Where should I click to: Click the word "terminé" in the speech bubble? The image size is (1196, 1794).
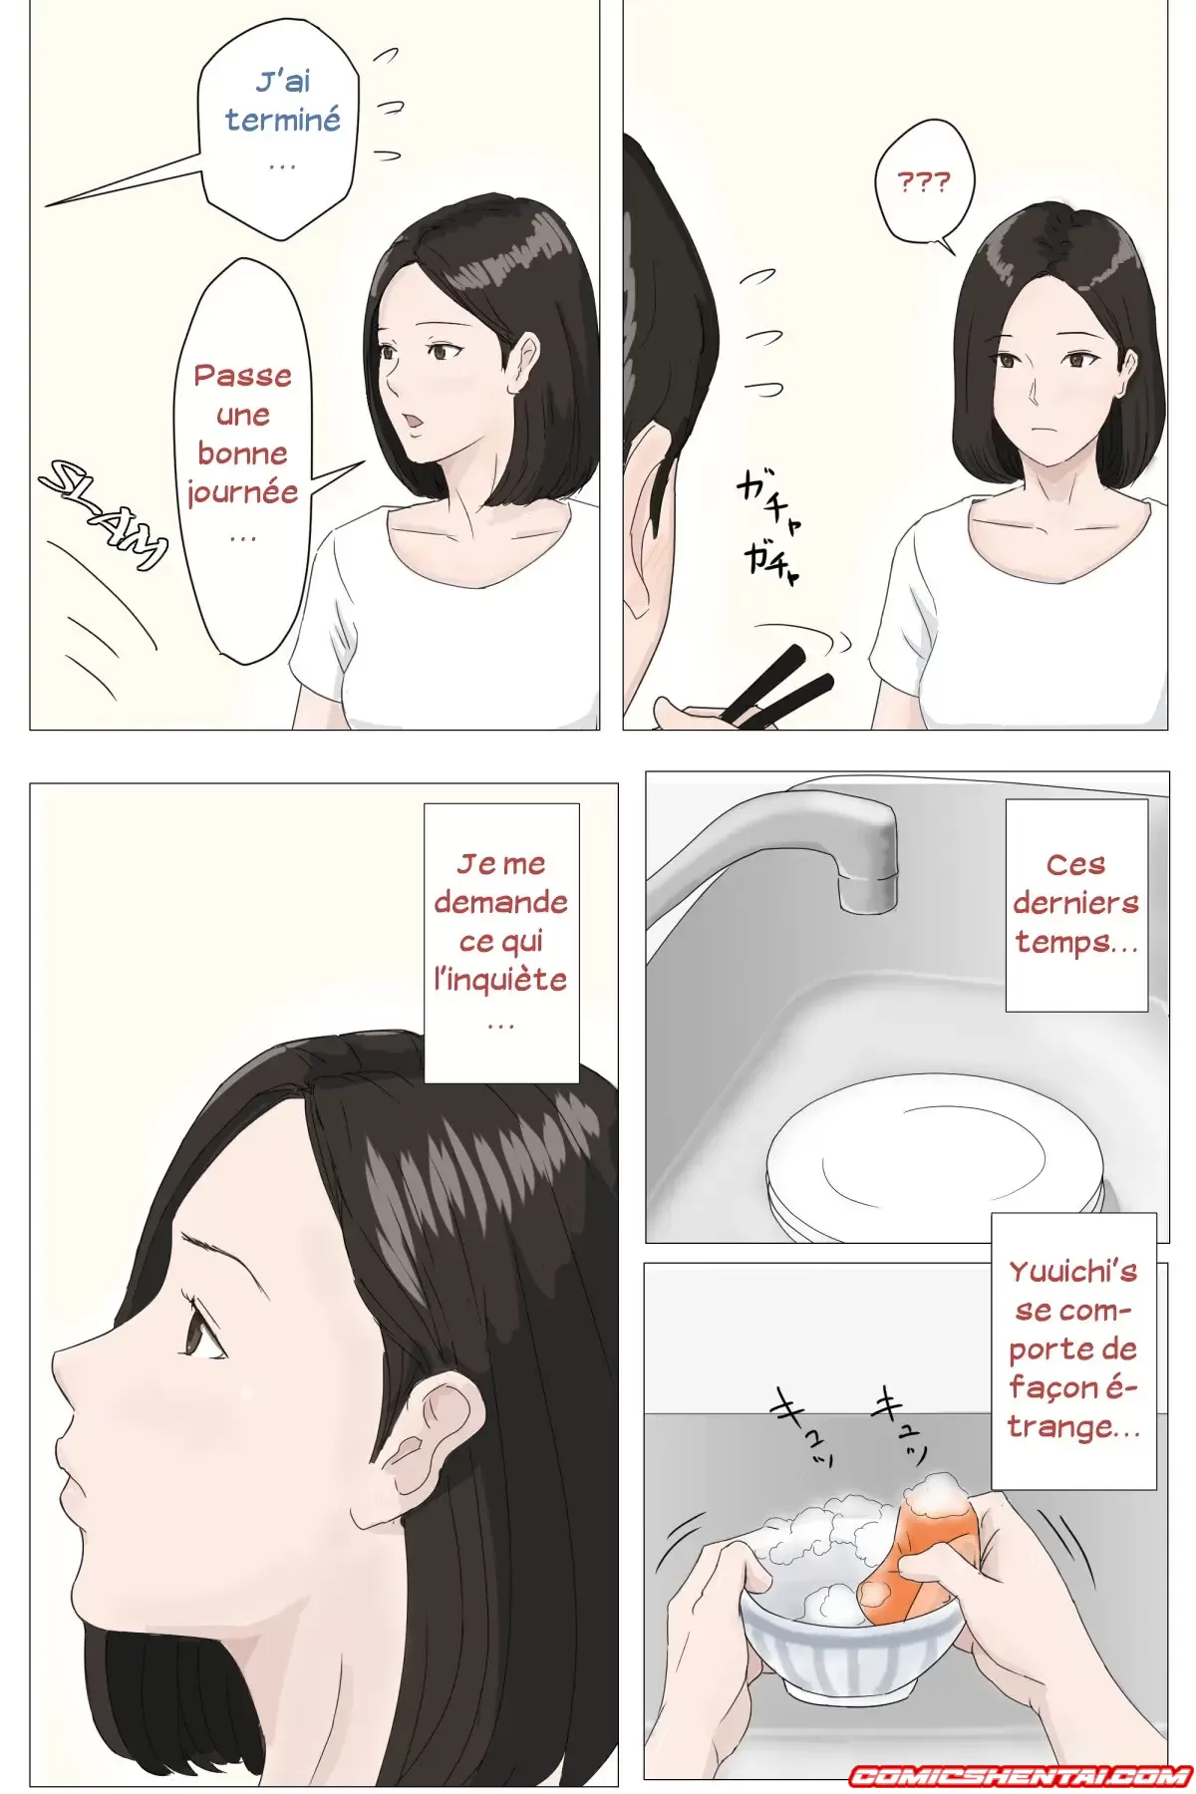(x=283, y=121)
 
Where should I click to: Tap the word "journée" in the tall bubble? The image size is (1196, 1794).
(x=242, y=492)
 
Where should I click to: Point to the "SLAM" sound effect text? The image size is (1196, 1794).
(x=104, y=514)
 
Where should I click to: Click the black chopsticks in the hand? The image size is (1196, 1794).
(x=777, y=688)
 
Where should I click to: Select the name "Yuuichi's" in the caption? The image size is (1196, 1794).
(x=1072, y=1273)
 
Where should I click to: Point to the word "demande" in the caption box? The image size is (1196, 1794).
(x=500, y=902)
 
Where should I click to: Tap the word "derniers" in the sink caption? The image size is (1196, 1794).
(x=1075, y=903)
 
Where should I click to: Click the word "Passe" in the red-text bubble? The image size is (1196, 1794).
(x=242, y=377)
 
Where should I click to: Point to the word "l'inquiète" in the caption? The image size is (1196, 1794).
(x=500, y=980)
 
